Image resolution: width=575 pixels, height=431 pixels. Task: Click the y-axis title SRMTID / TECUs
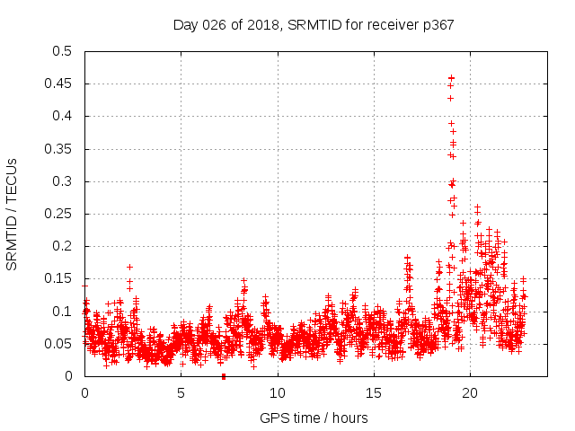pos(13,214)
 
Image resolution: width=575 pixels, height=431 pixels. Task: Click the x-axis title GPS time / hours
pos(314,418)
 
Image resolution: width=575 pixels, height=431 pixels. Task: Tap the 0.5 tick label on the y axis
pos(62,51)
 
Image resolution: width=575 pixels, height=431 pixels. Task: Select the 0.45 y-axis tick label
pos(58,84)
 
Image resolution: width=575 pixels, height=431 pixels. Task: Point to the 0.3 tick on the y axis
pos(62,181)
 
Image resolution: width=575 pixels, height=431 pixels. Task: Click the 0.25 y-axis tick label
pos(58,214)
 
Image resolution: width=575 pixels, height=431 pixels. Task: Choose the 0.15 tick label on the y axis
pos(58,278)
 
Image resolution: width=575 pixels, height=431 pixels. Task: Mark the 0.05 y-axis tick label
pos(58,344)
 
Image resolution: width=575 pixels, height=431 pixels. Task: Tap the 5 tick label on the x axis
pos(181,392)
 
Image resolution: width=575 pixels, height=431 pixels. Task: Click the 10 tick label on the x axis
pos(278,392)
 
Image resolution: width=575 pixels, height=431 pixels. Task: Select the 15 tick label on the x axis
pos(374,392)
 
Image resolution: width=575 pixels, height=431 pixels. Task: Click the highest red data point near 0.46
pos(451,78)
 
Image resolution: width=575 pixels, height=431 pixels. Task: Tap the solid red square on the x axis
pos(224,376)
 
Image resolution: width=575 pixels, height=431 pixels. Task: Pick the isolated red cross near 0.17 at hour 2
pos(129,267)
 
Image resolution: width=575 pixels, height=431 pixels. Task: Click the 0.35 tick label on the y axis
pos(58,149)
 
